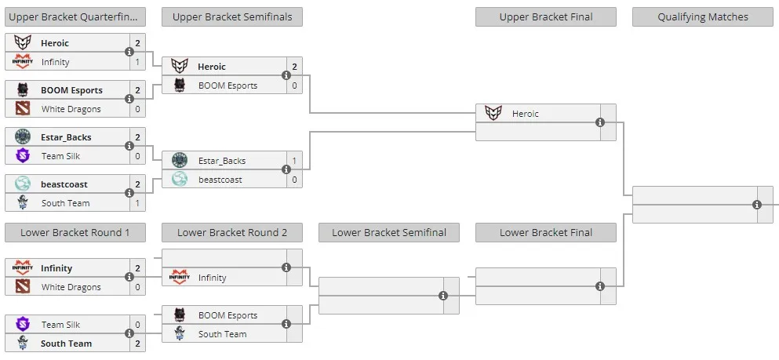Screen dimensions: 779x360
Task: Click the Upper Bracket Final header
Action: (x=545, y=17)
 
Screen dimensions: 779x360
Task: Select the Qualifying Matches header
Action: (x=702, y=17)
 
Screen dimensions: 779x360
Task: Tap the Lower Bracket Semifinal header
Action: (x=389, y=232)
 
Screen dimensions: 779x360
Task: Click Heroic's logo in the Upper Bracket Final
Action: (x=493, y=113)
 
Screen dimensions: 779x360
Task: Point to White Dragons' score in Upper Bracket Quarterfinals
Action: (x=137, y=109)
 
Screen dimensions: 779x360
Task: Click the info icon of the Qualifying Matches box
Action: (x=757, y=205)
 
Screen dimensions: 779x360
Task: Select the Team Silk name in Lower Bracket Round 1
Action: (x=60, y=325)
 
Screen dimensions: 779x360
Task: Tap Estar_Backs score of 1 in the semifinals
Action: (x=294, y=161)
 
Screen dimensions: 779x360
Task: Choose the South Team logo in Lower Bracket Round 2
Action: (x=180, y=333)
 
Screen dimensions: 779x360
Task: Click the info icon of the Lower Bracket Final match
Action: (x=600, y=286)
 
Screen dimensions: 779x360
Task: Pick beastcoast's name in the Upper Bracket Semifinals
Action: (x=220, y=180)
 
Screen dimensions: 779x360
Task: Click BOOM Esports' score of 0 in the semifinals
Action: (x=294, y=85)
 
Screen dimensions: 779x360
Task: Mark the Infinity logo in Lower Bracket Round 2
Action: (x=180, y=277)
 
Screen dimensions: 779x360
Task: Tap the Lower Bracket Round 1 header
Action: (x=75, y=232)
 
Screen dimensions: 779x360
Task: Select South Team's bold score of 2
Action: (x=137, y=344)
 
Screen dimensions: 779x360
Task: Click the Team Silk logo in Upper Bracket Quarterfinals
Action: (x=23, y=156)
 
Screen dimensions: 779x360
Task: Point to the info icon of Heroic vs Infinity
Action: (x=129, y=52)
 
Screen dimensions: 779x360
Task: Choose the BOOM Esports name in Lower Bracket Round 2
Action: (x=228, y=315)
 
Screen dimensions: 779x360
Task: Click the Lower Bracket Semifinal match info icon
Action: (x=443, y=296)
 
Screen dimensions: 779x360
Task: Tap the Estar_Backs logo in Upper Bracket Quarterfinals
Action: (x=23, y=137)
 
